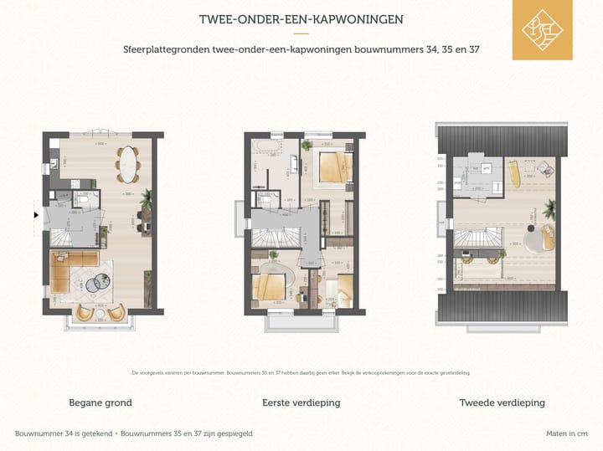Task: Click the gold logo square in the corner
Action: coord(543,30)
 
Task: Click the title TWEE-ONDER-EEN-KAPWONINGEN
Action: coord(301,19)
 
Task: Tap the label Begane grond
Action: coord(100,402)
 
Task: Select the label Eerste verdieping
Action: coord(301,402)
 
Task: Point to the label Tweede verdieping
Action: coord(502,402)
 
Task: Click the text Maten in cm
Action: coord(566,433)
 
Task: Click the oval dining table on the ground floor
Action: coord(129,163)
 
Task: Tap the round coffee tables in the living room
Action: coord(99,281)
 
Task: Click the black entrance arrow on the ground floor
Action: coord(35,215)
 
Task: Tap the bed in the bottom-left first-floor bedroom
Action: coord(273,285)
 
